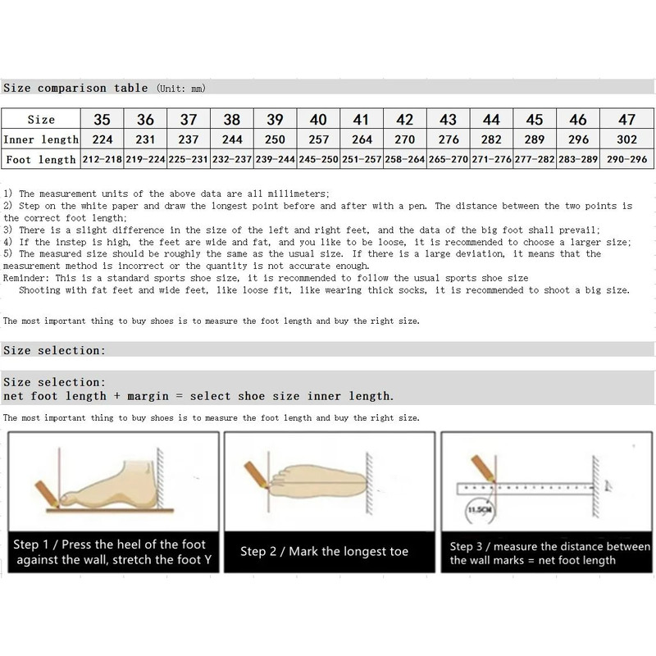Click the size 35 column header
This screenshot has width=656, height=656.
tap(102, 120)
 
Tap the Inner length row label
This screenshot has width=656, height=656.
tap(41, 139)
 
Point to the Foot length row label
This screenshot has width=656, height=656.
tap(41, 159)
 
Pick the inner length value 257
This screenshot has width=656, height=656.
tap(319, 139)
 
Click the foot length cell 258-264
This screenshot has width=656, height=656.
tap(405, 159)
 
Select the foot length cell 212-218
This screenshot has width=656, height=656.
tap(102, 159)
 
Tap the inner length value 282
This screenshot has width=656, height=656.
tap(491, 139)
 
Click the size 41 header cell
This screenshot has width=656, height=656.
tap(362, 120)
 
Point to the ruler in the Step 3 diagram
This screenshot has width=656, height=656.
tap(525, 488)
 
